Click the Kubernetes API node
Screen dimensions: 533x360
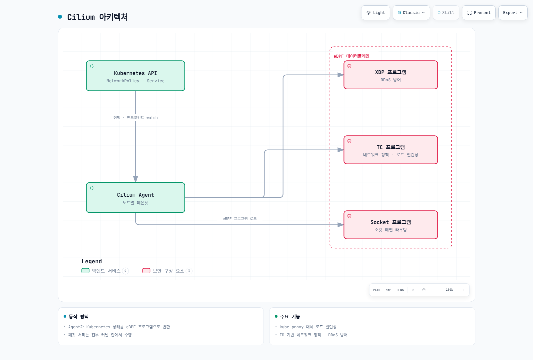pyautogui.click(x=135, y=76)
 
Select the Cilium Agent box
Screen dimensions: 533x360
pyautogui.click(x=135, y=198)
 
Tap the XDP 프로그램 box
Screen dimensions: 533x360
pyautogui.click(x=390, y=75)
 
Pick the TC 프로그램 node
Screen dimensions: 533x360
pyautogui.click(x=390, y=150)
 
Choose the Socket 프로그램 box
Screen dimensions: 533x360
pyautogui.click(x=390, y=225)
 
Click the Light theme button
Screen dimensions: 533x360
pyautogui.click(x=375, y=13)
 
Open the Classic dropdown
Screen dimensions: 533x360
pyautogui.click(x=411, y=13)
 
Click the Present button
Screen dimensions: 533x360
pyautogui.click(x=479, y=13)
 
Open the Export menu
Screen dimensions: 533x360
pyautogui.click(x=513, y=13)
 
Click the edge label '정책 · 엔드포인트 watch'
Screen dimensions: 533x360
pyautogui.click(x=135, y=118)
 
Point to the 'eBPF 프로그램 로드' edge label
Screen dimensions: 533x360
pyautogui.click(x=240, y=219)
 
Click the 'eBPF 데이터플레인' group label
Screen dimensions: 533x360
pyautogui.click(x=351, y=56)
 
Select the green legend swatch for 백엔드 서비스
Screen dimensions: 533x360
pyautogui.click(x=85, y=271)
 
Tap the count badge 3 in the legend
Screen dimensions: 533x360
pyautogui.click(x=189, y=271)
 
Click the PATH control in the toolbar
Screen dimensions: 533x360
pyautogui.click(x=376, y=290)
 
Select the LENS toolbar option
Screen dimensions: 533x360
pyautogui.click(x=400, y=290)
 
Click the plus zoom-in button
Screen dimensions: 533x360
pyautogui.click(x=463, y=290)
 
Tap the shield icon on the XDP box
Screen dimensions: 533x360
pyautogui.click(x=349, y=66)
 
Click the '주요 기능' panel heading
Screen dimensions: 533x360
pyautogui.click(x=290, y=316)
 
